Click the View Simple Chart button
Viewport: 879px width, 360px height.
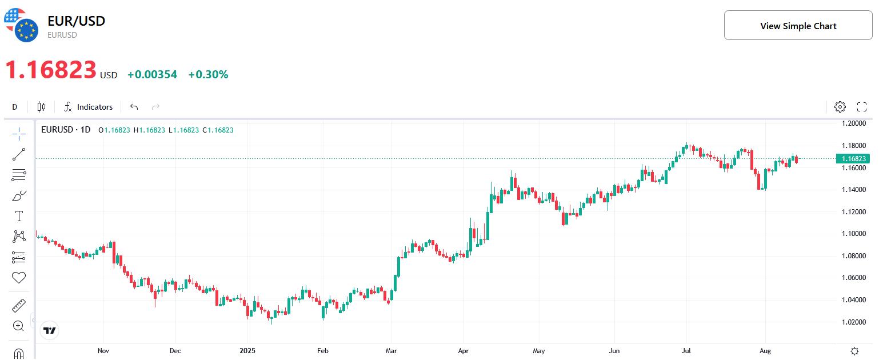pyautogui.click(x=798, y=26)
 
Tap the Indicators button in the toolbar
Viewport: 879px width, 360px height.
pyautogui.click(x=89, y=107)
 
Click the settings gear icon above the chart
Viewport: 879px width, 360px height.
pyautogui.click(x=840, y=107)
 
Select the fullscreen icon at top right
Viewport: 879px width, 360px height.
pyautogui.click(x=862, y=107)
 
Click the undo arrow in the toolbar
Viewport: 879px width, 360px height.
pyautogui.click(x=134, y=107)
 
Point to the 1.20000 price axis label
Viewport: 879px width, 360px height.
pyautogui.click(x=854, y=123)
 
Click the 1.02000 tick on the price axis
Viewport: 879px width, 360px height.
pyautogui.click(x=854, y=322)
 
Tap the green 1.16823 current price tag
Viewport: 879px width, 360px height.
pyautogui.click(x=853, y=158)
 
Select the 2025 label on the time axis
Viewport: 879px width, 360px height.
pyautogui.click(x=247, y=350)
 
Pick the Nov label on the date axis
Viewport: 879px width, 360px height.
pyautogui.click(x=103, y=350)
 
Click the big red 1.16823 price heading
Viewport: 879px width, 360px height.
pyautogui.click(x=51, y=70)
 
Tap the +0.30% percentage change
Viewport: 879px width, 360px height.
pyautogui.click(x=208, y=75)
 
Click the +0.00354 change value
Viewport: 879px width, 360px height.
pyautogui.click(x=152, y=75)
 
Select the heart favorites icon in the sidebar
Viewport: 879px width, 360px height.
pyautogui.click(x=19, y=278)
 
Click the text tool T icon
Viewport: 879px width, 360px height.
pyautogui.click(x=19, y=216)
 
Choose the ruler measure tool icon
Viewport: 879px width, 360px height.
pyautogui.click(x=19, y=305)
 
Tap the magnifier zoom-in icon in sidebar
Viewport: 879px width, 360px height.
pyautogui.click(x=18, y=326)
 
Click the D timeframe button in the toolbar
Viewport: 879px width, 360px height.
pyautogui.click(x=15, y=107)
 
